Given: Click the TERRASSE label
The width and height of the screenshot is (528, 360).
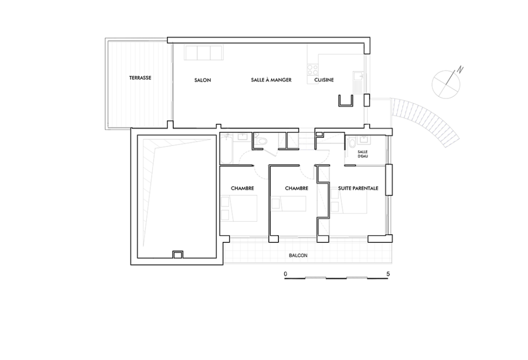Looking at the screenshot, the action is [140, 78].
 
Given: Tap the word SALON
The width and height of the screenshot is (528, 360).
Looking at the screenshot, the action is [203, 80].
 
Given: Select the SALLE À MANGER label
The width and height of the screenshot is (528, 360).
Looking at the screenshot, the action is [271, 80].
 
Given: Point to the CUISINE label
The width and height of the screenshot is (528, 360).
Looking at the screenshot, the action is [324, 80].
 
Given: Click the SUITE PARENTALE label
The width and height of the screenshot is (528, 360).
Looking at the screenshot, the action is [358, 188].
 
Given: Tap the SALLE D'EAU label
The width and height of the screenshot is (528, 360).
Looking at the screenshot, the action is [362, 154].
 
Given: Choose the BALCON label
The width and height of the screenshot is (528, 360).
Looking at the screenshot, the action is [298, 256].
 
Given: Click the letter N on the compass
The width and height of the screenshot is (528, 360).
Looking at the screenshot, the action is [460, 70].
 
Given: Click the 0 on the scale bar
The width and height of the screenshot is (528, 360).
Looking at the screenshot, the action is [286, 274].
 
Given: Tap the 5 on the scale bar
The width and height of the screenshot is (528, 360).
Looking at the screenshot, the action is [388, 274].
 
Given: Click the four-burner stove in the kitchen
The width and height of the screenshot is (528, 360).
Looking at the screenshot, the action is [313, 70].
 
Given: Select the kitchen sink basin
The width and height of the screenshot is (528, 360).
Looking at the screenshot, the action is [357, 77].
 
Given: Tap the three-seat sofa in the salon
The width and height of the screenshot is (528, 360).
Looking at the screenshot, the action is [203, 53].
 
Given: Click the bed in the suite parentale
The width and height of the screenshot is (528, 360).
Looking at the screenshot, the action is [349, 201].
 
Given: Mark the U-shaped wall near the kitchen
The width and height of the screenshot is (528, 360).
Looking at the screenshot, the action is [345, 101].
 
